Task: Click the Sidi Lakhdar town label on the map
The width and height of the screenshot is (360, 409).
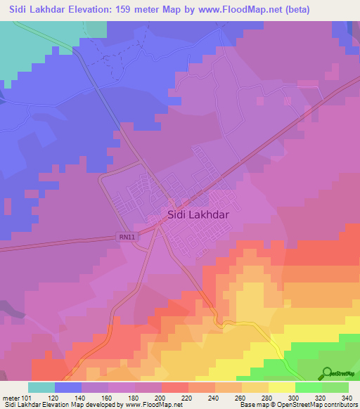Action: click(x=198, y=217)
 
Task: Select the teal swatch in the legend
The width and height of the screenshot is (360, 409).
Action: click(x=41, y=387)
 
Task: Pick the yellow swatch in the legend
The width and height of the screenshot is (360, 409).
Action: click(x=282, y=387)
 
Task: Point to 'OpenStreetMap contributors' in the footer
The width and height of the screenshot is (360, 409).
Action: click(x=321, y=405)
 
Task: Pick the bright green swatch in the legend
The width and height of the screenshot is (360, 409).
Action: click(x=309, y=387)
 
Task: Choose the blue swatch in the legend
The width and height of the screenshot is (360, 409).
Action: click(x=68, y=387)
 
